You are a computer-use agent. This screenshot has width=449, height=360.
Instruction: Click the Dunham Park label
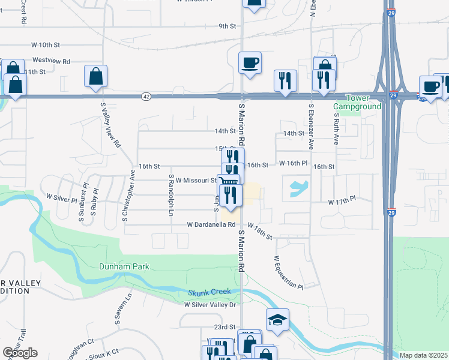coord(124,266)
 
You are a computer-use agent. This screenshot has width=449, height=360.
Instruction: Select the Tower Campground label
coord(357,102)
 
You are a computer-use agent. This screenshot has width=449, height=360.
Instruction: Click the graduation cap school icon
coord(277,320)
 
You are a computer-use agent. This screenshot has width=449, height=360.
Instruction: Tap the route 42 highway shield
coord(146,96)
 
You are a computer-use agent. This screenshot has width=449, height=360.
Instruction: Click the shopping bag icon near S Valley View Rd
coord(95,76)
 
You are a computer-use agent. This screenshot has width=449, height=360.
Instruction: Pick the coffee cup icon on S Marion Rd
coord(249,62)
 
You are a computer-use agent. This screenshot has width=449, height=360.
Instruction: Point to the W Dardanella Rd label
coord(211,224)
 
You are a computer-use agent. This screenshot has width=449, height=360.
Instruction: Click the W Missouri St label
coord(196,179)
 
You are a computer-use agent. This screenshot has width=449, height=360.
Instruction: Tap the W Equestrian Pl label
coord(288,272)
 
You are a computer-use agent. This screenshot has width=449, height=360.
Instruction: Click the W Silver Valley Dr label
coord(210,305)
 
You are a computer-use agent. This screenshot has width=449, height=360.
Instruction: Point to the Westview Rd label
coord(51,61)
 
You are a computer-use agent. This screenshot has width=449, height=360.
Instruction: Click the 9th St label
coord(228,26)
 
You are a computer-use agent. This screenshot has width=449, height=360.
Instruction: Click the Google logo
coord(20,353)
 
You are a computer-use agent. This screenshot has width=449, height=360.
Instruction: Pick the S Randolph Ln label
coord(171,195)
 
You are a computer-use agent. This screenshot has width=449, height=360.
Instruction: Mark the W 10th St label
coord(46,45)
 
